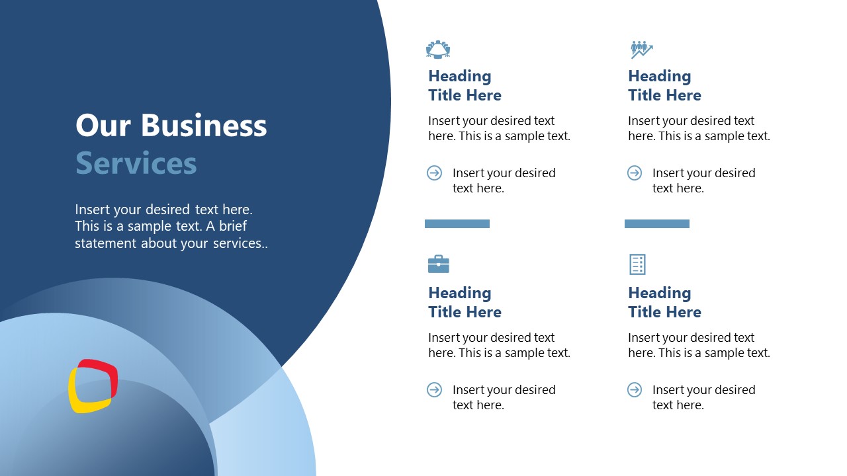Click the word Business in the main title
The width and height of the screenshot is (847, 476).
tap(204, 126)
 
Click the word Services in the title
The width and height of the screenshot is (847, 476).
tap(136, 163)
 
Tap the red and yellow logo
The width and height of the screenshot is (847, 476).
tap(93, 386)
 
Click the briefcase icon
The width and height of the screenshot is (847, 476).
tap(438, 264)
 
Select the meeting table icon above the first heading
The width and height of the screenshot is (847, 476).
tap(438, 49)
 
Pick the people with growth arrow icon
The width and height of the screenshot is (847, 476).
tap(641, 49)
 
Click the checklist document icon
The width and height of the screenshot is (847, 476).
tap(637, 264)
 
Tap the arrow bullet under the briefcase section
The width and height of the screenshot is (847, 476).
tap(435, 390)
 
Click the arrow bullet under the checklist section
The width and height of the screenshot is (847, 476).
tap(635, 390)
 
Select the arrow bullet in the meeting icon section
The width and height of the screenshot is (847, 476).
tap(435, 173)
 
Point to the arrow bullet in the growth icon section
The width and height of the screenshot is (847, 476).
tap(635, 173)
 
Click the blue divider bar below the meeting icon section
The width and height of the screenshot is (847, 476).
tap(457, 224)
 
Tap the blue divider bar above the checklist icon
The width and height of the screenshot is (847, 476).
tap(657, 224)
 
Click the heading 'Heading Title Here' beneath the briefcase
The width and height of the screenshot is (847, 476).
tap(465, 302)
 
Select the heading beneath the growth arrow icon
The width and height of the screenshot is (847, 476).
tap(664, 86)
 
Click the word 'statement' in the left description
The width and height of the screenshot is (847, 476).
tap(105, 243)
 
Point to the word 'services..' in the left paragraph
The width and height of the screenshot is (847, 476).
tap(240, 243)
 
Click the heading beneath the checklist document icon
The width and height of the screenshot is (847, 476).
tap(664, 302)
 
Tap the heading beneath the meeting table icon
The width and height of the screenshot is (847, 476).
tap(465, 86)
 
